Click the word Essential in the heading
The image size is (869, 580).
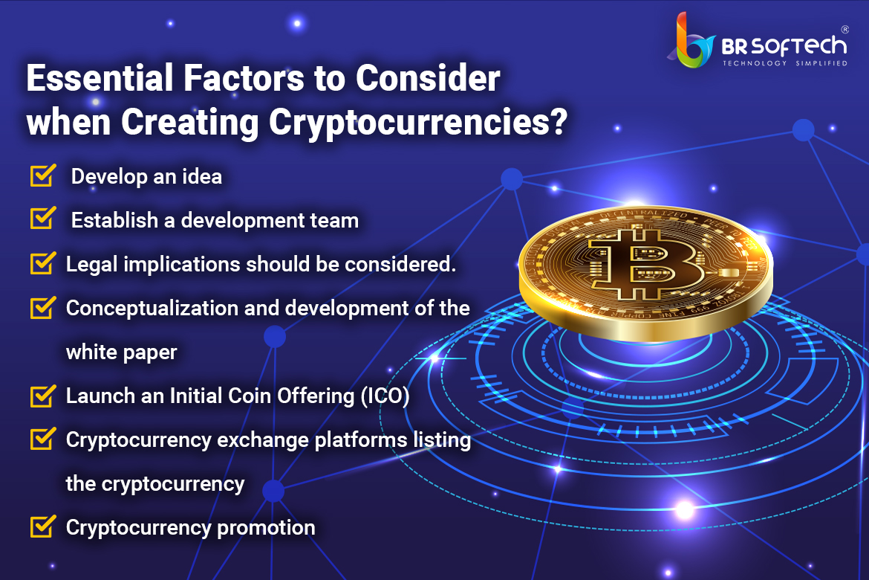coord(100,77)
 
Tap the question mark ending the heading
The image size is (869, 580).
coord(559,121)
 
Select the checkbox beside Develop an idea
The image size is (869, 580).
coord(43,175)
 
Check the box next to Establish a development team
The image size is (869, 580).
coord(43,218)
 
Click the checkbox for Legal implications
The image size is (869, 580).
coord(43,262)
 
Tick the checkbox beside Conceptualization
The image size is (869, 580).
coord(43,307)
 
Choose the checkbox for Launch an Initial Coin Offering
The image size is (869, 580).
coord(43,395)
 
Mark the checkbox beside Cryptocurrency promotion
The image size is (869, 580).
coord(43,526)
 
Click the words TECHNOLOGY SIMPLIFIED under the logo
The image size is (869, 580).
coord(785,63)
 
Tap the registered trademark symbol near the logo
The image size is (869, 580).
coord(844,30)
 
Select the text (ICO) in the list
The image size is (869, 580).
coord(385,396)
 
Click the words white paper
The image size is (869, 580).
coord(121,352)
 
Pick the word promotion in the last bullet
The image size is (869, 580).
coord(266,528)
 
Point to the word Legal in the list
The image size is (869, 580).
coord(92,265)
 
